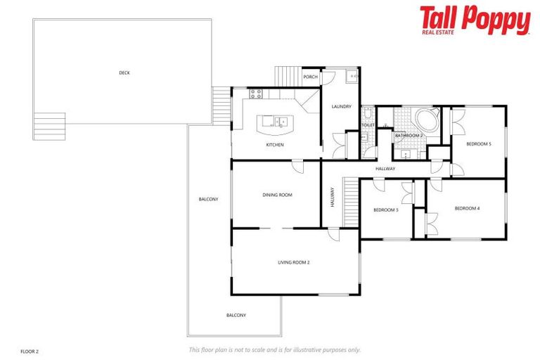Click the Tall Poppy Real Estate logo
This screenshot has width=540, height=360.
(x=475, y=21)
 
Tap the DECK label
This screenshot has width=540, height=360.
(x=124, y=72)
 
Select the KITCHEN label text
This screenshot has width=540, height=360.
(x=274, y=145)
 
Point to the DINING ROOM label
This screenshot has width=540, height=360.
(x=277, y=195)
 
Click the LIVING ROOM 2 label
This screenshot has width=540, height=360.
(x=294, y=262)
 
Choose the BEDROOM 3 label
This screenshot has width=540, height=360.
(x=386, y=210)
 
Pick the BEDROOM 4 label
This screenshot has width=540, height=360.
(x=467, y=208)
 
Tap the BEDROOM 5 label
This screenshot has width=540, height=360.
(x=479, y=144)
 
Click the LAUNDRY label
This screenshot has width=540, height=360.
(x=341, y=107)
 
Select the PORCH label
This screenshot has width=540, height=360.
(x=310, y=77)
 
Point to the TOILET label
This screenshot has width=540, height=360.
(x=368, y=125)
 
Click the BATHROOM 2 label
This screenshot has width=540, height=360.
(x=409, y=135)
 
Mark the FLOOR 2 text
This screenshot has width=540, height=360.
(x=30, y=350)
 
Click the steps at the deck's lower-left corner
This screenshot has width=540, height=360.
(x=49, y=127)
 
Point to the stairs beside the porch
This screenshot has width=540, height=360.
(x=286, y=75)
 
